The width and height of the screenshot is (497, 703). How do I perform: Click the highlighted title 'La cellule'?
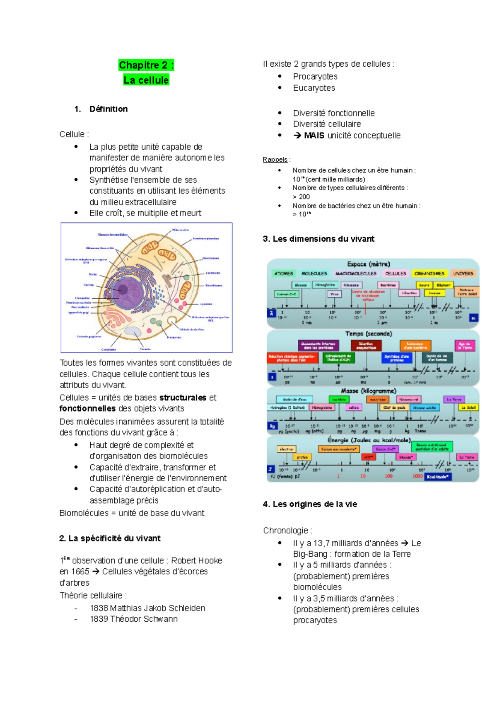pyautogui.click(x=146, y=80)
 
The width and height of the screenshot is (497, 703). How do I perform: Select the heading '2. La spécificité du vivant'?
pyautogui.click(x=110, y=538)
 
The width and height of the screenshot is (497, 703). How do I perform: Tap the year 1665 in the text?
pyautogui.click(x=80, y=571)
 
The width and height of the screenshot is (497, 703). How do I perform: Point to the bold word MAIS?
pyautogui.click(x=314, y=136)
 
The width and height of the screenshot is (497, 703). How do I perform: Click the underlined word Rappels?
pyautogui.click(x=275, y=160)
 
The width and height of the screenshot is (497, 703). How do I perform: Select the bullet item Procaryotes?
pyautogui.click(x=315, y=77)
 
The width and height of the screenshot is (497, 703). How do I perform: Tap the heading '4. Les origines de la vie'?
pyautogui.click(x=310, y=504)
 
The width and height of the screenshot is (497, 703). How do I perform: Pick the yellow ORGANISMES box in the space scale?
pyautogui.click(x=429, y=274)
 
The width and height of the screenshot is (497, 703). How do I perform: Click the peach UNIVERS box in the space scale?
pyautogui.click(x=463, y=274)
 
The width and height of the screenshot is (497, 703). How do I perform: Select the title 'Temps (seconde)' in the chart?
pyautogui.click(x=369, y=334)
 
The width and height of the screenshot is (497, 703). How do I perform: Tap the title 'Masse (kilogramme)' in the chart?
pyautogui.click(x=369, y=391)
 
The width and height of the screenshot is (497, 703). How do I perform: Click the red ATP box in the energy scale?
pyautogui.click(x=368, y=457)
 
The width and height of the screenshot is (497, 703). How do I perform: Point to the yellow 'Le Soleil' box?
pyautogui.click(x=469, y=407)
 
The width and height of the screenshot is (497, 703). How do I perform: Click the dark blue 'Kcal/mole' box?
pyautogui.click(x=437, y=477)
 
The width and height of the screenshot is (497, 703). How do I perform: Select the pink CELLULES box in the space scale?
pyautogui.click(x=396, y=274)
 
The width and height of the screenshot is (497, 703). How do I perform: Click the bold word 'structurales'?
pyautogui.click(x=183, y=398)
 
